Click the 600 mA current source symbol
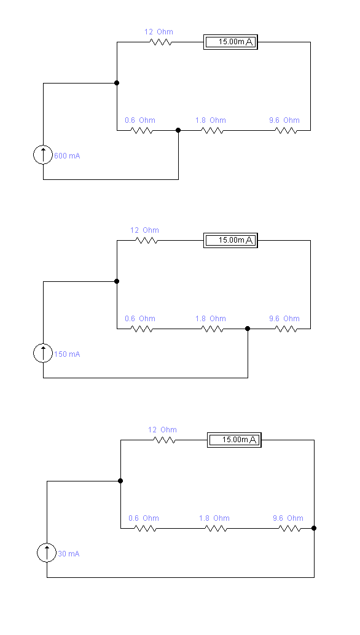pos(43,155)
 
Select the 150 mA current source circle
pos(43,353)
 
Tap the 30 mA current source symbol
pos(47,552)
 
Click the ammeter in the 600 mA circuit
pos(230,42)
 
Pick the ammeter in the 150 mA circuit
pos(230,241)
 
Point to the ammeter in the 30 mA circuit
pos(234,440)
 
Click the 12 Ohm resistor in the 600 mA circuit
pos(161,42)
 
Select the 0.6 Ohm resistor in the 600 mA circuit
pos(142,130)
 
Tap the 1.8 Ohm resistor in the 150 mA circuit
pos(212,329)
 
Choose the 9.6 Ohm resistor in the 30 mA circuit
pos(289,528)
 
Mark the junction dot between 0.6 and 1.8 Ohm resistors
pos(178,130)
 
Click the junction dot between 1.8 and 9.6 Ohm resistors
pos(248,329)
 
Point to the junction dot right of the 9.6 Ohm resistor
pos(314,528)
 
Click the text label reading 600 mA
pos(67,156)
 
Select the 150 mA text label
pos(67,354)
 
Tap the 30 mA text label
pos(69,553)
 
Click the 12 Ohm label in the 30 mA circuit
pos(162,430)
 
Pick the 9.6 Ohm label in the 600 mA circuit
pos(284,120)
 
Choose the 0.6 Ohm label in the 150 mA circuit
pos(140,319)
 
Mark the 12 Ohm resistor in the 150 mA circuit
pos(147,241)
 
